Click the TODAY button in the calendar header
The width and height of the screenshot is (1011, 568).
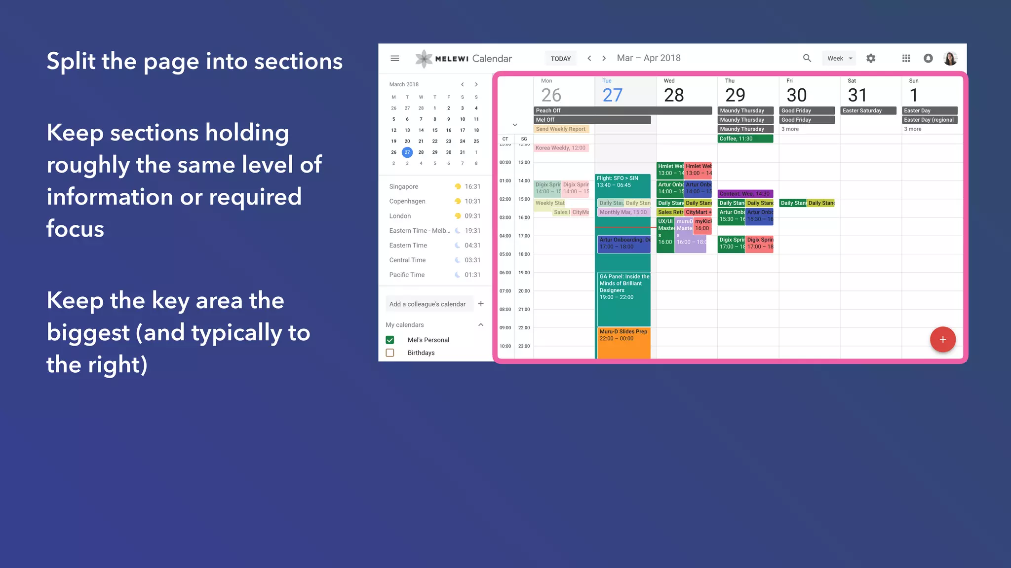pyautogui.click(x=560, y=59)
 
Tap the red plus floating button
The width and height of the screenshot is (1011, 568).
pyautogui.click(x=942, y=339)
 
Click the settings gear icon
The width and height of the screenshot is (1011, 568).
pyautogui.click(x=871, y=58)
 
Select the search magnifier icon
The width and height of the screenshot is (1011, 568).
pyautogui.click(x=807, y=58)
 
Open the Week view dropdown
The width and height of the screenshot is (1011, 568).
pyautogui.click(x=839, y=58)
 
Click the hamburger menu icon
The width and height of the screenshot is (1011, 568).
pyautogui.click(x=395, y=58)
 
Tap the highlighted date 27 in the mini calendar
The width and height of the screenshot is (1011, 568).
pyautogui.click(x=407, y=152)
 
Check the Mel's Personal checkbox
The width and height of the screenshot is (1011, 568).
pyautogui.click(x=390, y=340)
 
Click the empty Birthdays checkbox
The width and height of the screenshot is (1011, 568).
pyautogui.click(x=390, y=353)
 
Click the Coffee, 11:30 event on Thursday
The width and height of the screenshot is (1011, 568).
pyautogui.click(x=745, y=139)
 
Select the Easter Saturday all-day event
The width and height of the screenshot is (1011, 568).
pyautogui.click(x=868, y=110)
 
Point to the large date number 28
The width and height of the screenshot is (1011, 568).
pyautogui.click(x=674, y=95)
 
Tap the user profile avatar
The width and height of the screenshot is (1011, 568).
pyautogui.click(x=950, y=58)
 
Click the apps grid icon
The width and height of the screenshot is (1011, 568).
pyautogui.click(x=906, y=58)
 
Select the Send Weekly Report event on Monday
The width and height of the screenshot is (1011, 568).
pyautogui.click(x=561, y=129)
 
